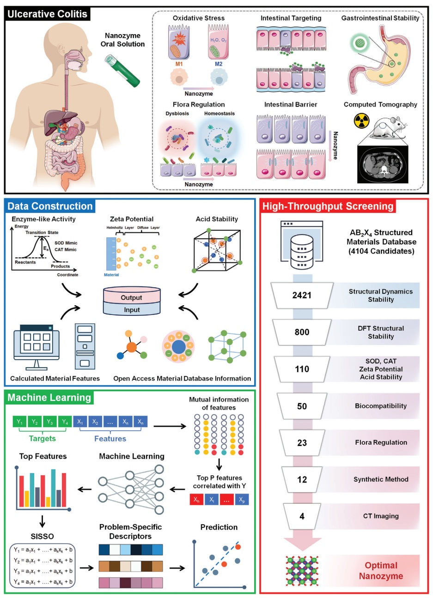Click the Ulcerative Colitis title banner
48,14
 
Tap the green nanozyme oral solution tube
122,71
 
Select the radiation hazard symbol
361,121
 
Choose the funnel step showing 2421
302,296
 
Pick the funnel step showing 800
302,332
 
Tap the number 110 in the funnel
302,369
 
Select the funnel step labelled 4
302,516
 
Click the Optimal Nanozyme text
381,571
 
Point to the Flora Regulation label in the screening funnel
381,442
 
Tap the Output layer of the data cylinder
132,297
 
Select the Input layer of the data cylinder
132,310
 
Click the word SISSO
43,536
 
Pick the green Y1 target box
20,422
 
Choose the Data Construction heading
50,206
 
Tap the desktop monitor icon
37,345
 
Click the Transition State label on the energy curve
42,232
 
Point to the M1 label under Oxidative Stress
179,64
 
